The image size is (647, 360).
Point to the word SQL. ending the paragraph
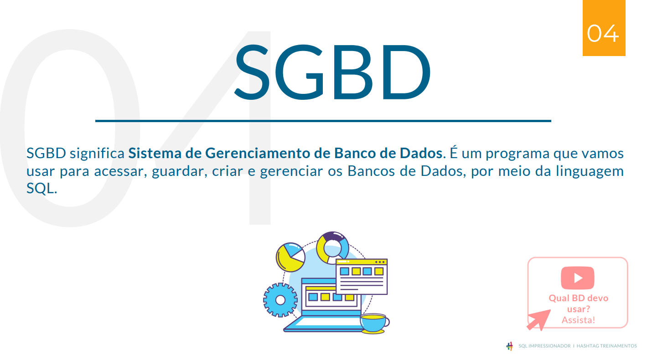(x=41, y=189)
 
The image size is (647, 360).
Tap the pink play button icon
(x=578, y=278)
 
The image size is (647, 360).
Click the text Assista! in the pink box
(x=578, y=320)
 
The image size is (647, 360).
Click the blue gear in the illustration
(x=280, y=300)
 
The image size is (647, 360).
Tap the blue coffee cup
(x=373, y=323)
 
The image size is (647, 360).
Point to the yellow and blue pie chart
(x=290, y=257)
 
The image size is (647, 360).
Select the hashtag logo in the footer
(x=510, y=346)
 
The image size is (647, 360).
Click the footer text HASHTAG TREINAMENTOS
(x=606, y=346)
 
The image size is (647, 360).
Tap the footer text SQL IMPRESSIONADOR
(x=544, y=346)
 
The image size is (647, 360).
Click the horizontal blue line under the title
(x=323, y=121)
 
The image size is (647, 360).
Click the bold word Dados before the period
(x=421, y=154)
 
